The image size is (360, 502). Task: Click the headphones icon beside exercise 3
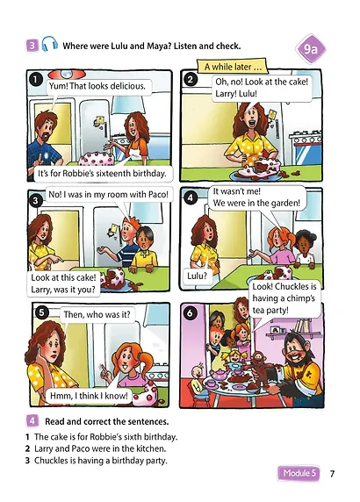(50, 44)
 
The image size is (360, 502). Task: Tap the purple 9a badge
(310, 49)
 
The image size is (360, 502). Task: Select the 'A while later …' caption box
(233, 67)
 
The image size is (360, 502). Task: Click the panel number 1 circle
(35, 80)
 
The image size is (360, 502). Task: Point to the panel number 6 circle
(191, 312)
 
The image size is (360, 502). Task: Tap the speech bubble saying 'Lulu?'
(197, 276)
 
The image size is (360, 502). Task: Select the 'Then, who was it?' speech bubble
(97, 314)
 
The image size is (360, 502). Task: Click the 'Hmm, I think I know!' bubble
(89, 396)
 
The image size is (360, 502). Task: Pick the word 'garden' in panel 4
(282, 203)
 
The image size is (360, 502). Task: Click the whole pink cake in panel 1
(96, 159)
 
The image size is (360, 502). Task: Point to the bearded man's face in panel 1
(47, 128)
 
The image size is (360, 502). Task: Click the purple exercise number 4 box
(32, 420)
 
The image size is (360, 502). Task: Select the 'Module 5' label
(299, 473)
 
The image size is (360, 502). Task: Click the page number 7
(332, 473)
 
